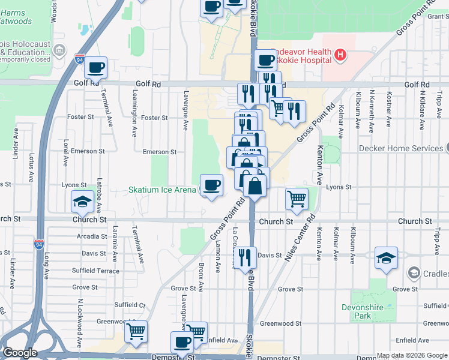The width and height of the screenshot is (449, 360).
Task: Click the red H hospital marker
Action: [x=340, y=56]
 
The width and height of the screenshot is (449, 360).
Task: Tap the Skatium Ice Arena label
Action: [x=163, y=190]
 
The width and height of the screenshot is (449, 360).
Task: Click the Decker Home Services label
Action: [x=401, y=148]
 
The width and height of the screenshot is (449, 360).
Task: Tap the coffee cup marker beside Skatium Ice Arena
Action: [x=210, y=185]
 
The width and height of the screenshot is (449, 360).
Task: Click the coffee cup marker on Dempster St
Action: [x=182, y=343]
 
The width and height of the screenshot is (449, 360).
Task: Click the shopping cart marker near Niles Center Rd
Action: [x=297, y=199]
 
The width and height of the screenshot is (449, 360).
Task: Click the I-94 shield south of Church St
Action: [x=39, y=244]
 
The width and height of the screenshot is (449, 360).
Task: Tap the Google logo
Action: [x=20, y=353]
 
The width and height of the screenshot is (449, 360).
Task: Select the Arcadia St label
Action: [x=92, y=236]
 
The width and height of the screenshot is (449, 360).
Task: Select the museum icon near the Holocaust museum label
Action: [x=59, y=50]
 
